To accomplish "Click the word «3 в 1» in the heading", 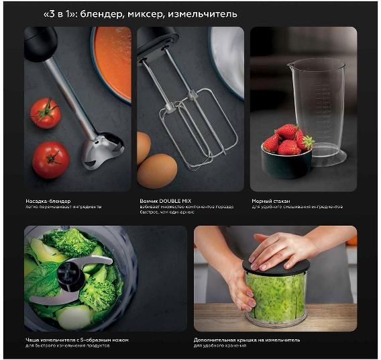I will tap(60, 14).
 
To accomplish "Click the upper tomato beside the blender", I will tap(46, 113).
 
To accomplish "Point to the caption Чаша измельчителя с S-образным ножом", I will tap(76, 340).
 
